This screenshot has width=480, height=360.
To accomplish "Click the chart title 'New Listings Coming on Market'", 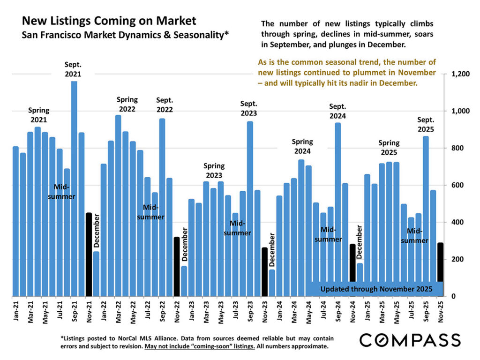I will coord(109,21).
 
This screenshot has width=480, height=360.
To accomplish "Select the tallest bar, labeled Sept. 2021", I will coord(74,187).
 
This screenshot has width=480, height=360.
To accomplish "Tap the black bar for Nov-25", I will coord(440,262).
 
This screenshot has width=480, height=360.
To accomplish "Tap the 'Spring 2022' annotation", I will coord(127,104).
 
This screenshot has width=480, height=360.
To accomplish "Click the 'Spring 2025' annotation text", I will coord(389,148).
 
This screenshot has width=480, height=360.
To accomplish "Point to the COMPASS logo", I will coord(410,340).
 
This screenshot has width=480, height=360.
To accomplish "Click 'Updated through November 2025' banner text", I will coord(376,289).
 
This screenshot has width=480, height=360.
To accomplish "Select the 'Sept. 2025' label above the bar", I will coord(426,124).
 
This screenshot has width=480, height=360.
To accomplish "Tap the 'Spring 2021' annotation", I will coord(39,115).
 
